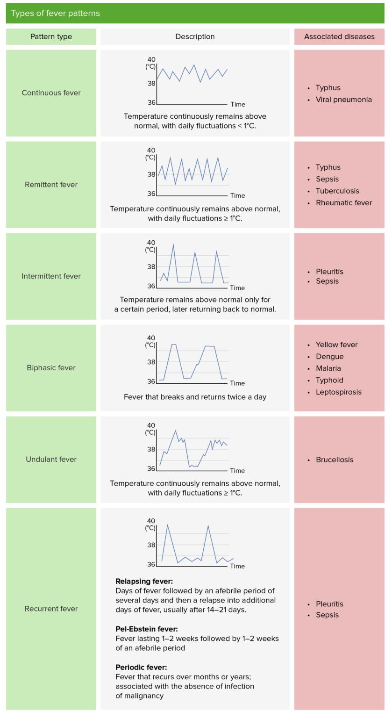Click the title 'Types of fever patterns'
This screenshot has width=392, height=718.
[55, 13]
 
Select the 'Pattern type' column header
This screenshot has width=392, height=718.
[51, 36]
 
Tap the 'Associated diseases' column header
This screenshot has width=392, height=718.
[339, 36]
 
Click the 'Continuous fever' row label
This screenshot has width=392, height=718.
[51, 93]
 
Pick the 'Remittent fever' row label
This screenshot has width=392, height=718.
[51, 184]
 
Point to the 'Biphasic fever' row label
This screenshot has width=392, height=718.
[51, 367]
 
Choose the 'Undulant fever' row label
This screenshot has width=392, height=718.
[51, 459]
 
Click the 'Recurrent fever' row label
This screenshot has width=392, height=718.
[51, 609]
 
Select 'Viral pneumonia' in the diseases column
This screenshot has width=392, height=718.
[343, 100]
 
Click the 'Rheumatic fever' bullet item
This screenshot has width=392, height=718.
[343, 202]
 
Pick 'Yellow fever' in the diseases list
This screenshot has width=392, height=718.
[336, 345]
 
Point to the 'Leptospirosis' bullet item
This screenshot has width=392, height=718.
[338, 392]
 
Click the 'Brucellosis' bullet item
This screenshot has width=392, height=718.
[334, 460]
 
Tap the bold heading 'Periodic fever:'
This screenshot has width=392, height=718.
[141, 667]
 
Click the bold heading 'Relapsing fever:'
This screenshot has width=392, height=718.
[144, 582]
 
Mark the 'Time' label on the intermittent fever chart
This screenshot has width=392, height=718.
[237, 288]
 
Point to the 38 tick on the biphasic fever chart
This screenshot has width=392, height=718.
[151, 362]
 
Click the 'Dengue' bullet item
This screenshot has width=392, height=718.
[329, 356]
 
